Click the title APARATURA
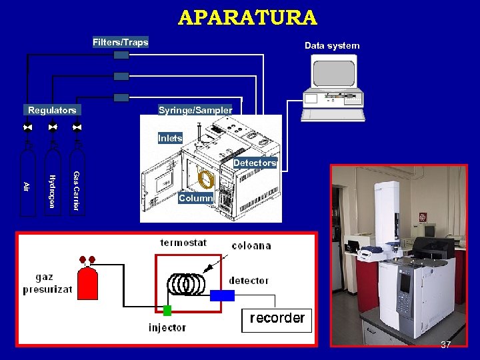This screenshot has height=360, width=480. click(x=247, y=17)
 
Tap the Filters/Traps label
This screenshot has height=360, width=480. click(x=120, y=43)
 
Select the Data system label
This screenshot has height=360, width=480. click(x=332, y=46)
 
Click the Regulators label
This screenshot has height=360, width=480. click(x=52, y=110)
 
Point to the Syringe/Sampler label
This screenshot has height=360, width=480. click(x=195, y=110)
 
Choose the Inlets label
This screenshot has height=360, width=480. click(x=170, y=138)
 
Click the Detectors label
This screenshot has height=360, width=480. click(x=254, y=163)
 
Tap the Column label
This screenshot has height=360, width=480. click(x=195, y=198)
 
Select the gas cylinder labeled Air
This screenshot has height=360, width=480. click(x=27, y=190)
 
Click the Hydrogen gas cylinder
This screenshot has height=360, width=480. click(x=51, y=190)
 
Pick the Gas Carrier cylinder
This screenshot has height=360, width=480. click(x=76, y=190)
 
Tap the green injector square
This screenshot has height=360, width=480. click(x=167, y=310)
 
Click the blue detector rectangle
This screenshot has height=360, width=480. click(x=222, y=295)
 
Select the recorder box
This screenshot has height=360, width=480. click(x=277, y=319)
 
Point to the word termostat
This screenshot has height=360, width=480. click(x=184, y=243)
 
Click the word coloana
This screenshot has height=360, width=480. click(x=251, y=245)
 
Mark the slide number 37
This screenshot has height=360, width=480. click(x=446, y=345)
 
